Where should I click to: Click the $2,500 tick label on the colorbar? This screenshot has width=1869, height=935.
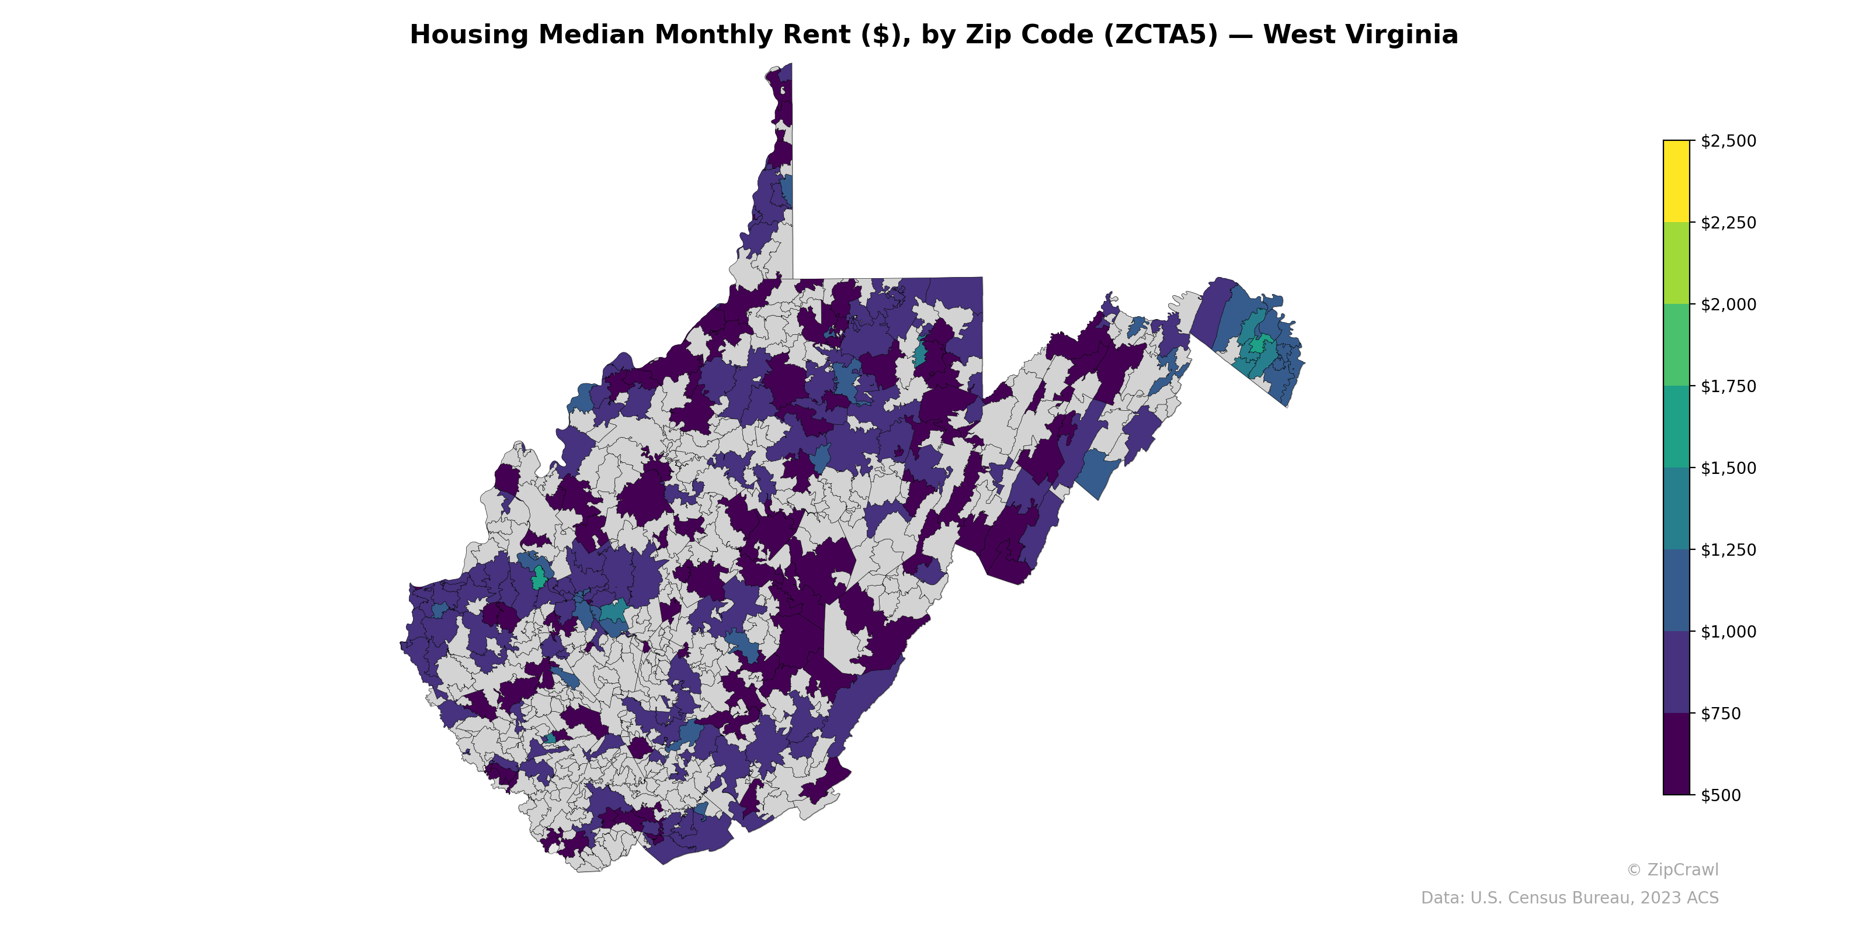click(x=1728, y=141)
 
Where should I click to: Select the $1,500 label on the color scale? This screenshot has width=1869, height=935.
click(x=1728, y=468)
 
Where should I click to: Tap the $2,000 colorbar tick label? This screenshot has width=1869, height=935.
click(x=1728, y=304)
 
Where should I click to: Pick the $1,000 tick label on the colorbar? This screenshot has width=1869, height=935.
click(x=1728, y=632)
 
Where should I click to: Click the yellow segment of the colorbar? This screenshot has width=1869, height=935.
click(x=1676, y=182)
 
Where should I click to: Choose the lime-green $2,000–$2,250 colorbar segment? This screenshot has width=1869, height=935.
click(x=1676, y=263)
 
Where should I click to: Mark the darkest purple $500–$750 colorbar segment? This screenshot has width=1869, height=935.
click(x=1676, y=753)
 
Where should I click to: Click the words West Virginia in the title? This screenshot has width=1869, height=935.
click(x=1360, y=35)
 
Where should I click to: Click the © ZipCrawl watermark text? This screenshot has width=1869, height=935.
click(x=1672, y=870)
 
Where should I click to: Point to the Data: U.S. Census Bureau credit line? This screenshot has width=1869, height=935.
click(x=1569, y=898)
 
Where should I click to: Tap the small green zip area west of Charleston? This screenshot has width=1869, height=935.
click(x=539, y=579)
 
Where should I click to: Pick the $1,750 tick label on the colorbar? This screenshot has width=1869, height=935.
click(x=1728, y=386)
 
